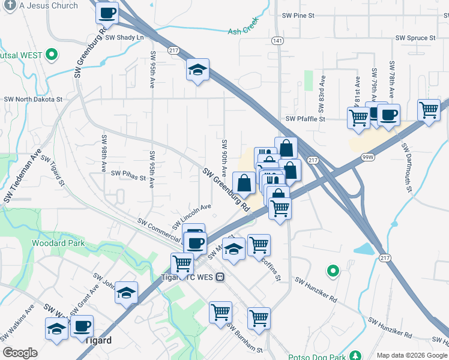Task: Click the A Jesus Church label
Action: pyautogui.click(x=48, y=5)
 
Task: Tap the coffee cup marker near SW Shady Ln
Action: pyautogui.click(x=107, y=13)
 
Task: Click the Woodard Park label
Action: pyautogui.click(x=58, y=244)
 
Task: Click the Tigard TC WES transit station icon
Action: pyautogui.click(x=220, y=277)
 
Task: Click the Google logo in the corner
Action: pyautogui.click(x=20, y=353)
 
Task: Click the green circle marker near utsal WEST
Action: pyautogui.click(x=52, y=55)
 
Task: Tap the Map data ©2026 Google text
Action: pyautogui.click(x=411, y=355)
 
